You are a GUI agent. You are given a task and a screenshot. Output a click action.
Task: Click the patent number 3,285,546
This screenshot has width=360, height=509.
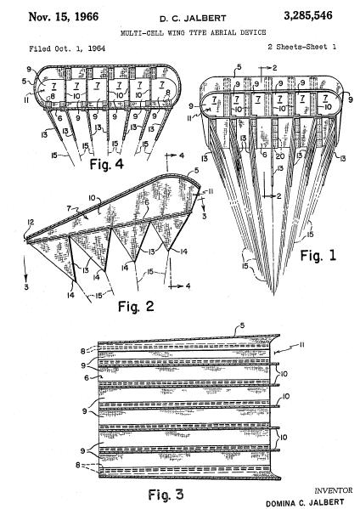(x=308, y=16)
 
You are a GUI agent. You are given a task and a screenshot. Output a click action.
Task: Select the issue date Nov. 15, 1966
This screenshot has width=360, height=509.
(x=64, y=16)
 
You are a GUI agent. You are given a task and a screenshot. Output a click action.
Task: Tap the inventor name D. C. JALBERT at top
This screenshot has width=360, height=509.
(x=193, y=19)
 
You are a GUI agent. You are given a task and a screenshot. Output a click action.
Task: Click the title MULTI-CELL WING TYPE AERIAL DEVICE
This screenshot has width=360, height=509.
(x=194, y=32)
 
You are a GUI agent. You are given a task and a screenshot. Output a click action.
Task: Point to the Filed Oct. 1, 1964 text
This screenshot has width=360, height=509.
(x=67, y=48)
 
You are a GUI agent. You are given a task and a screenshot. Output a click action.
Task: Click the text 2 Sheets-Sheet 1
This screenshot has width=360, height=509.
(x=302, y=47)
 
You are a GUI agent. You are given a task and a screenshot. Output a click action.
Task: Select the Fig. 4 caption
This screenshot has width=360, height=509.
(x=106, y=164)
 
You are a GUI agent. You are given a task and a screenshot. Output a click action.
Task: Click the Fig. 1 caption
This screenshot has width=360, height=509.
(x=318, y=256)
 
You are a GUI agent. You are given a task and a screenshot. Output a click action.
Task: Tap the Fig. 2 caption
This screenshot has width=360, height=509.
(x=136, y=306)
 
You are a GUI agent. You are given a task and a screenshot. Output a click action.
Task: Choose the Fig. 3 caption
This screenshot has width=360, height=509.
(x=166, y=495)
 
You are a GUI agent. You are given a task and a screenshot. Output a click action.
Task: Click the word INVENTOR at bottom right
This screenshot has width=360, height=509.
(x=334, y=490)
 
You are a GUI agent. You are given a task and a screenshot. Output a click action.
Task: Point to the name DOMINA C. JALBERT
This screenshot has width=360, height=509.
(x=305, y=503)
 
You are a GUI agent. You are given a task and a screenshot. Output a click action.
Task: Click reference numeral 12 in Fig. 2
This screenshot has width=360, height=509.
(x=31, y=223)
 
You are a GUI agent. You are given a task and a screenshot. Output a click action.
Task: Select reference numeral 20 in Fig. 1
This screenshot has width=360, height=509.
(x=279, y=156)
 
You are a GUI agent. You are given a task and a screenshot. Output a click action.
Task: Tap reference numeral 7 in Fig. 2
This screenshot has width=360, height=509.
(x=69, y=208)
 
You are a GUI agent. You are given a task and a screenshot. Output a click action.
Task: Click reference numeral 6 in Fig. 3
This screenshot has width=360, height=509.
(x=87, y=377)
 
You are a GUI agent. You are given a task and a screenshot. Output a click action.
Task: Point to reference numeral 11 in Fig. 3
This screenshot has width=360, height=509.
(x=301, y=345)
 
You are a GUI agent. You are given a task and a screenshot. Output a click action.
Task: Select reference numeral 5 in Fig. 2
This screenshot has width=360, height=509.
(x=196, y=171)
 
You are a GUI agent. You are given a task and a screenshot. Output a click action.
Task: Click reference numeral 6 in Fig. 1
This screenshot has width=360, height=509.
(x=264, y=156)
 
